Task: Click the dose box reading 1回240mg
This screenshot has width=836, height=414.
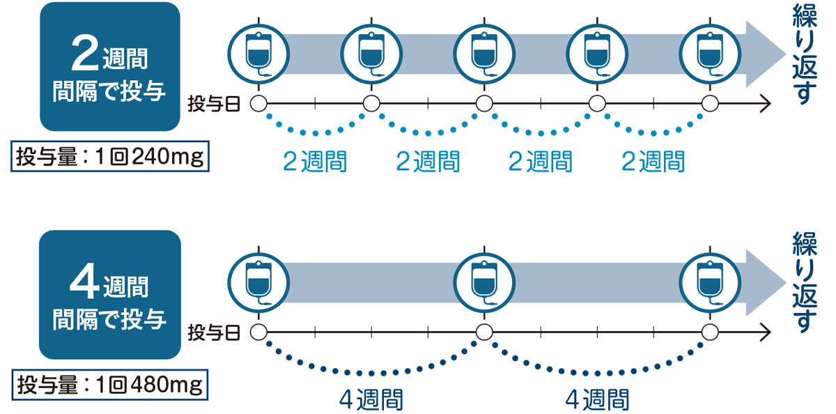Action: click(x=110, y=158)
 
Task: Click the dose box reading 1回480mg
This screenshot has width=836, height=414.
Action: click(x=110, y=384)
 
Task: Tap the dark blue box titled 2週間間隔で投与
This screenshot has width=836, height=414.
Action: click(x=110, y=67)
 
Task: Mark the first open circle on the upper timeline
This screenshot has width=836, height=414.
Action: click(x=258, y=104)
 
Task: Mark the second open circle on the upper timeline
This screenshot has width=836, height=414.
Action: click(x=371, y=104)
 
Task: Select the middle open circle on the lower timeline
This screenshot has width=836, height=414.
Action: click(x=483, y=332)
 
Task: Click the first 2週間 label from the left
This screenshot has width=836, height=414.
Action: click(x=315, y=162)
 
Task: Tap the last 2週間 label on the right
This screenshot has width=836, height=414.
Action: click(x=653, y=162)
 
